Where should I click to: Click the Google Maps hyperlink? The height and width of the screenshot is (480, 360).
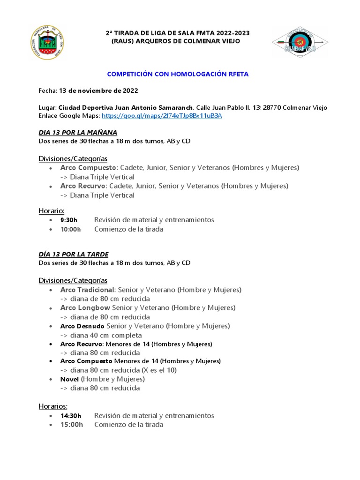162,115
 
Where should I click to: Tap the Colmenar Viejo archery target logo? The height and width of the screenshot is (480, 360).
300,42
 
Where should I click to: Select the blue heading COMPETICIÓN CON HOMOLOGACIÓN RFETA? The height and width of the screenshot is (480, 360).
178,74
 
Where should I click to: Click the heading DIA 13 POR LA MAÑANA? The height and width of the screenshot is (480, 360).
78,132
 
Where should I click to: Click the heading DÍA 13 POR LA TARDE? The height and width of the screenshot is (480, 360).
73,254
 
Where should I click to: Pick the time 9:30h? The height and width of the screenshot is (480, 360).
69,220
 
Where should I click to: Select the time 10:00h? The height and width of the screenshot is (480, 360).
70,229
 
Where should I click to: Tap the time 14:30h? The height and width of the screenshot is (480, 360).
71,415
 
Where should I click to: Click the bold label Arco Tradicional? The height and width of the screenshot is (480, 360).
88,290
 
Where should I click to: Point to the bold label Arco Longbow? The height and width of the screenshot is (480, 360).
85,307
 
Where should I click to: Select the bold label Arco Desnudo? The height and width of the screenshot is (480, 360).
82,326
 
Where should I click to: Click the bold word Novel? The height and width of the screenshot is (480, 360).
70,379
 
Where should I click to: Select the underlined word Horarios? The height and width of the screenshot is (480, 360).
53,406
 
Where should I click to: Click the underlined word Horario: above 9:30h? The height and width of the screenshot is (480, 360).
52,211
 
